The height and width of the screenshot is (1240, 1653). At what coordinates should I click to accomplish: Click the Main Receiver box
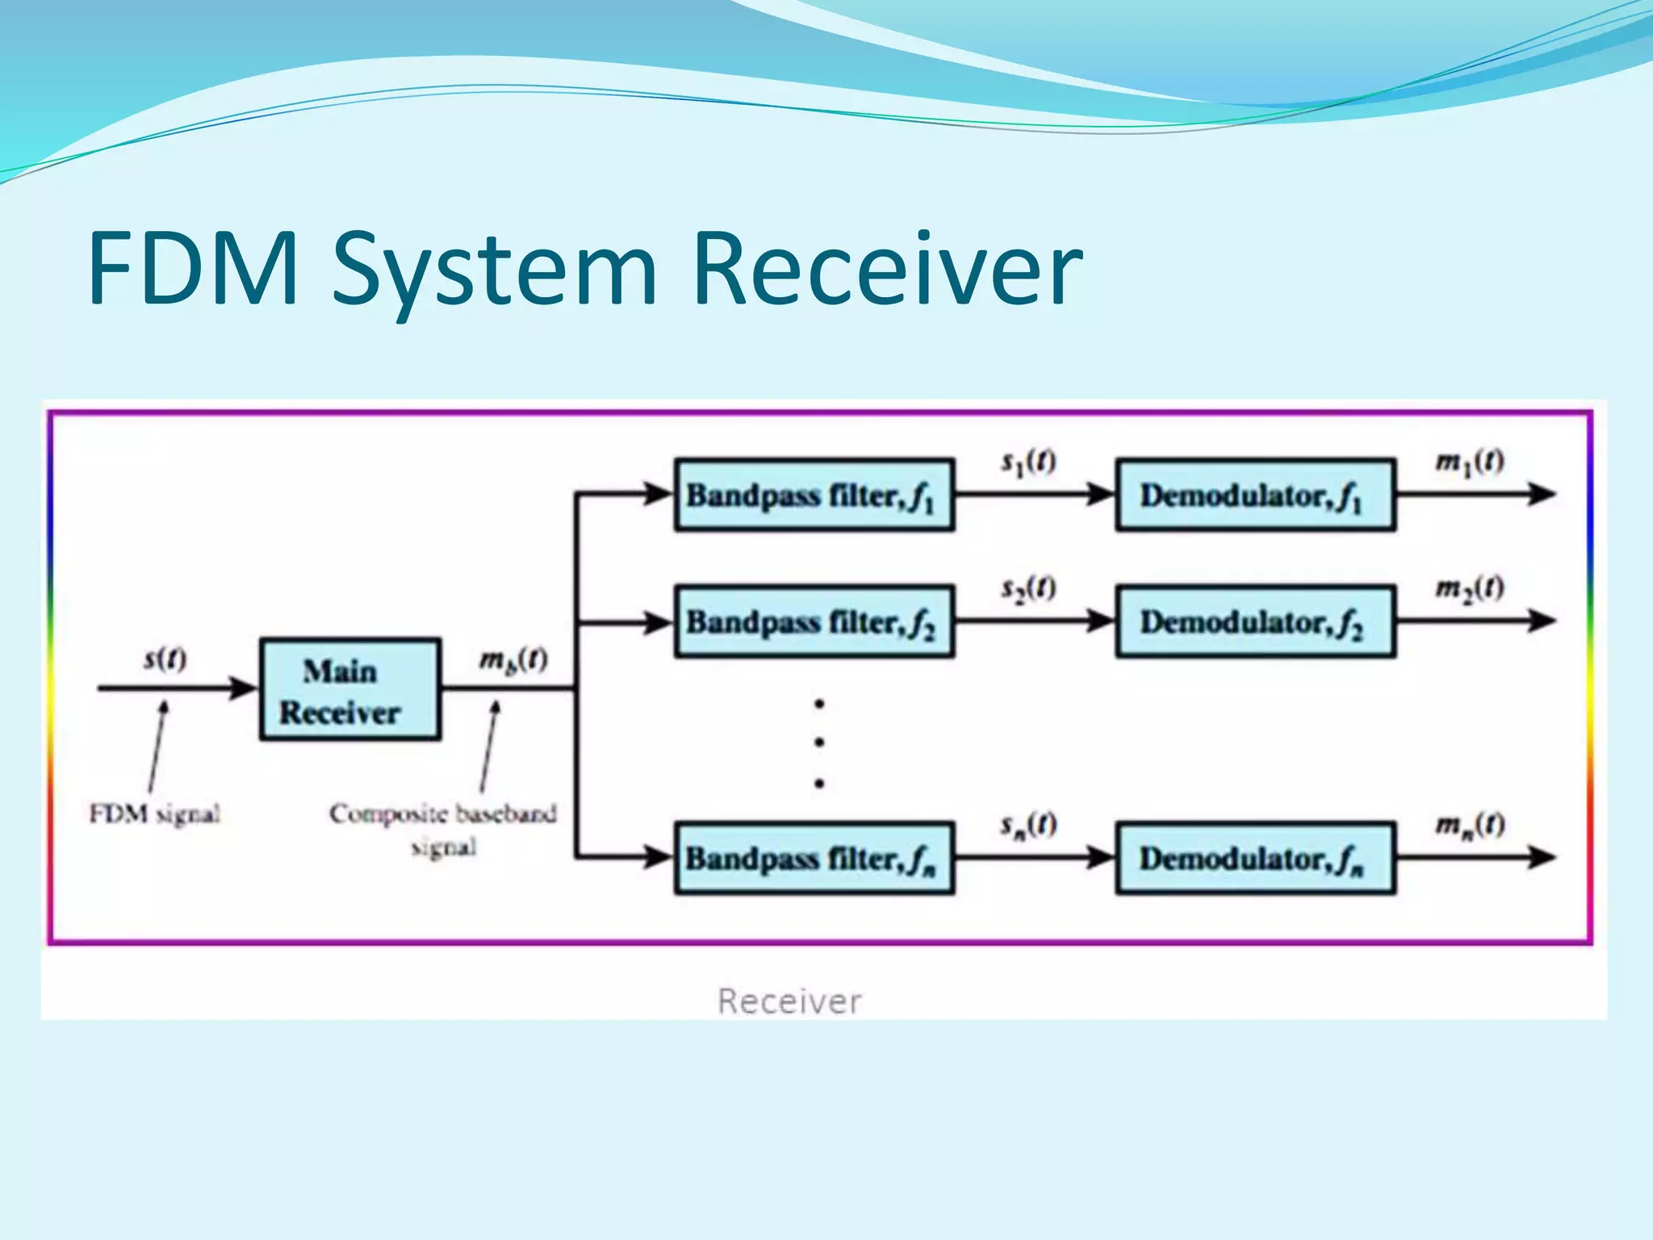click(x=349, y=690)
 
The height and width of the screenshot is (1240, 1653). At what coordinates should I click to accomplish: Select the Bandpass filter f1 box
click(x=814, y=495)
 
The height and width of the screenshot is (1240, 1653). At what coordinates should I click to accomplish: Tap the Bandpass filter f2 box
click(x=814, y=622)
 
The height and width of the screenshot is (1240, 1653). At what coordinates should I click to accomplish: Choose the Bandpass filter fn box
click(x=814, y=858)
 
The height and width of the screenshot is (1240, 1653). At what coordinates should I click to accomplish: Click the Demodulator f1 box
click(x=1255, y=495)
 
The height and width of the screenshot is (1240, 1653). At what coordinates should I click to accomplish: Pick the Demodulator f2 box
click(x=1255, y=622)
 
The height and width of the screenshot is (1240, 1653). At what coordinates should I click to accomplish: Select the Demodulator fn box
click(x=1255, y=858)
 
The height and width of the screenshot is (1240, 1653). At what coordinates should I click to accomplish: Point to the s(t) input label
click(x=165, y=660)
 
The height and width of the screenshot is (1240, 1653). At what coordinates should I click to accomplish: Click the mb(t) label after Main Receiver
click(x=513, y=660)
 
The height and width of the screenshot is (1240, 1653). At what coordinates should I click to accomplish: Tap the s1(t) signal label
click(x=1028, y=462)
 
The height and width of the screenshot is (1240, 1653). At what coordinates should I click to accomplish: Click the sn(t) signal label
click(x=1028, y=824)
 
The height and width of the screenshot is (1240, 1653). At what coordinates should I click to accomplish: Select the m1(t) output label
click(x=1469, y=462)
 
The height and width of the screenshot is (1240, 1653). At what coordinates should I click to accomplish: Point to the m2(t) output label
click(x=1469, y=588)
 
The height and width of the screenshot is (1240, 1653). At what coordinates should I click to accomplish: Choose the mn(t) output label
click(x=1469, y=824)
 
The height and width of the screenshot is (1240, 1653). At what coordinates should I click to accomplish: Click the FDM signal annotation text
click(x=155, y=813)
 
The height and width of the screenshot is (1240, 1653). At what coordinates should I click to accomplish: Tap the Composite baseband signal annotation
click(x=443, y=828)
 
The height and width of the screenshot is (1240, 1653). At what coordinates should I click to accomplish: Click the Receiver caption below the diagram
click(x=789, y=1002)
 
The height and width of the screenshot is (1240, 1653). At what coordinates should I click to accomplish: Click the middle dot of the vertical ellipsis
click(x=819, y=742)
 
